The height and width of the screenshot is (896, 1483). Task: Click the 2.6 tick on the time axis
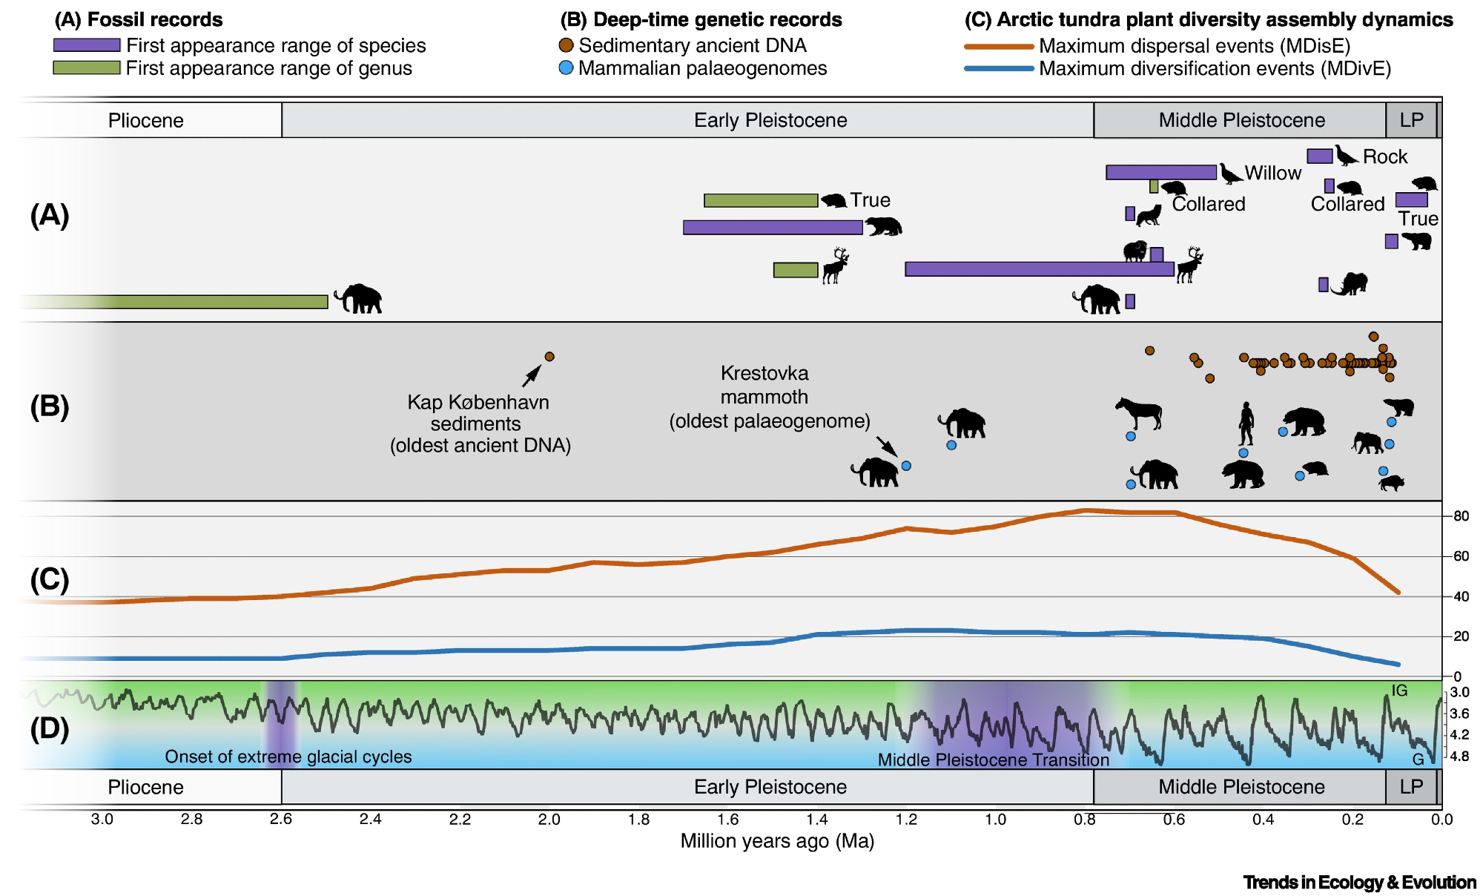pyautogui.click(x=281, y=820)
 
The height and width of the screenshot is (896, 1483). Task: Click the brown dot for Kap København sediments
pyautogui.click(x=549, y=357)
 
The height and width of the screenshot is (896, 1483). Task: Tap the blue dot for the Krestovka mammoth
pyautogui.click(x=906, y=466)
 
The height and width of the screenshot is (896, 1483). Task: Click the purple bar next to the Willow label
pyautogui.click(x=1161, y=173)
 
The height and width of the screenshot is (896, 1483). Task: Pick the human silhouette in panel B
pyautogui.click(x=1246, y=424)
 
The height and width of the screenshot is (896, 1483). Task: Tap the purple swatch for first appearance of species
pyautogui.click(x=87, y=45)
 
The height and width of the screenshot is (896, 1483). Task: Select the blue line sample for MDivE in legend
pyautogui.click(x=999, y=69)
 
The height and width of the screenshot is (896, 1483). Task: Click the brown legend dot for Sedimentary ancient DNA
pyautogui.click(x=566, y=45)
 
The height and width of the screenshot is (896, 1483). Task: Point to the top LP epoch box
pyautogui.click(x=1411, y=120)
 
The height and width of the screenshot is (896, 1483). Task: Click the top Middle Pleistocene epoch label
pyautogui.click(x=1241, y=120)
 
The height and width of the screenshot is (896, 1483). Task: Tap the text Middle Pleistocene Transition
pyautogui.click(x=993, y=760)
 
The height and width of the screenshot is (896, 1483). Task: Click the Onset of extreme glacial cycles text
pyautogui.click(x=288, y=757)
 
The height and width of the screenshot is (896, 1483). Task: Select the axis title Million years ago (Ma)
pyautogui.click(x=777, y=841)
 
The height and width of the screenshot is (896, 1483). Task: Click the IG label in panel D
pyautogui.click(x=1399, y=691)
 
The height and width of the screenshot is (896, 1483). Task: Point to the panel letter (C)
pyautogui.click(x=50, y=579)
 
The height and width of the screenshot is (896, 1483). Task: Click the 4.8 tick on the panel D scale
pyautogui.click(x=1460, y=757)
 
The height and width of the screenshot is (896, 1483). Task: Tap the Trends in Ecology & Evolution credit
pyautogui.click(x=1359, y=883)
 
